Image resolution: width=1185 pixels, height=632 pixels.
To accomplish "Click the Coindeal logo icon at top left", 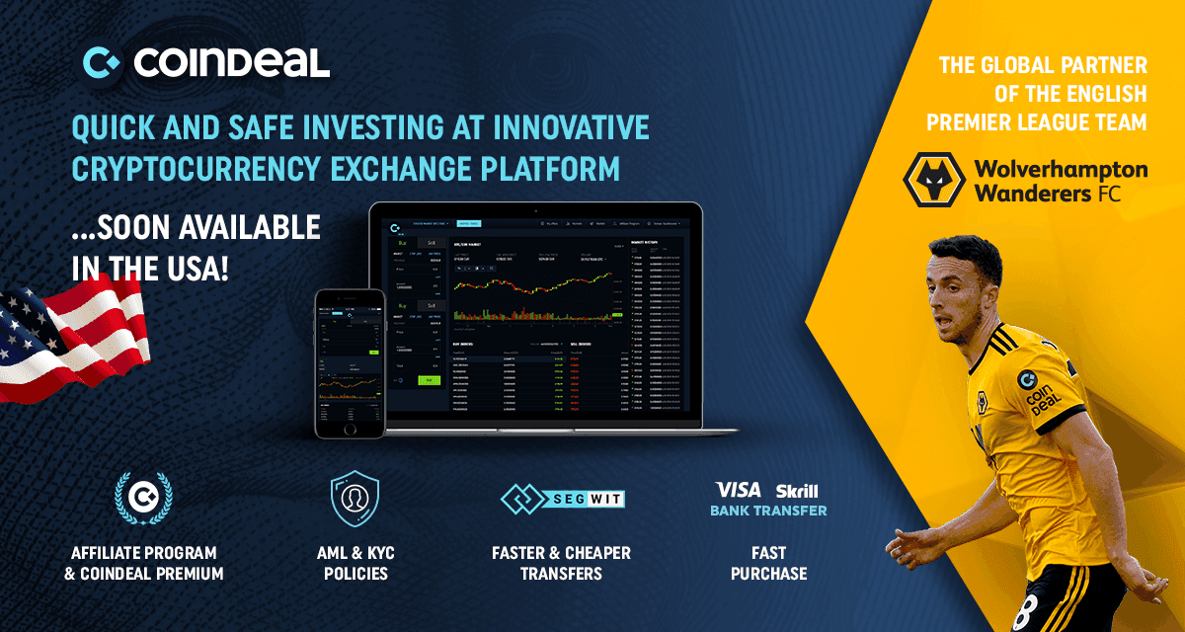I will pyautogui.click(x=102, y=63).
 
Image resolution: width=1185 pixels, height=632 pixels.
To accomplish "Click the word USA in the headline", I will pyautogui.click(x=196, y=269).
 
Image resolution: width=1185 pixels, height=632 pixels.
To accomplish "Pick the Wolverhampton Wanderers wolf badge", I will pyautogui.click(x=933, y=179).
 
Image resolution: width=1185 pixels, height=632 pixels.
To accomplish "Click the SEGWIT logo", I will pyautogui.click(x=562, y=499).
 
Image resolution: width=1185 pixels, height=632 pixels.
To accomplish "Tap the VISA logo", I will pyautogui.click(x=738, y=490).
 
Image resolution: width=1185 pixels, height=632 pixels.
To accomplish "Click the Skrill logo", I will pyautogui.click(x=797, y=491).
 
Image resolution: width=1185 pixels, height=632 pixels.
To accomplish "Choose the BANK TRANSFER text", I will pyautogui.click(x=768, y=511).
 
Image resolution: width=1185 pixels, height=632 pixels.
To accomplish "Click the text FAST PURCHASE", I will pyautogui.click(x=768, y=563).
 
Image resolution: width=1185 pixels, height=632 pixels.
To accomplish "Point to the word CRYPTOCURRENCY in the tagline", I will pyautogui.click(x=208, y=168).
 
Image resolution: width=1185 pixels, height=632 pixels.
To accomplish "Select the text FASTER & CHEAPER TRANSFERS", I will pyautogui.click(x=561, y=563).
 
